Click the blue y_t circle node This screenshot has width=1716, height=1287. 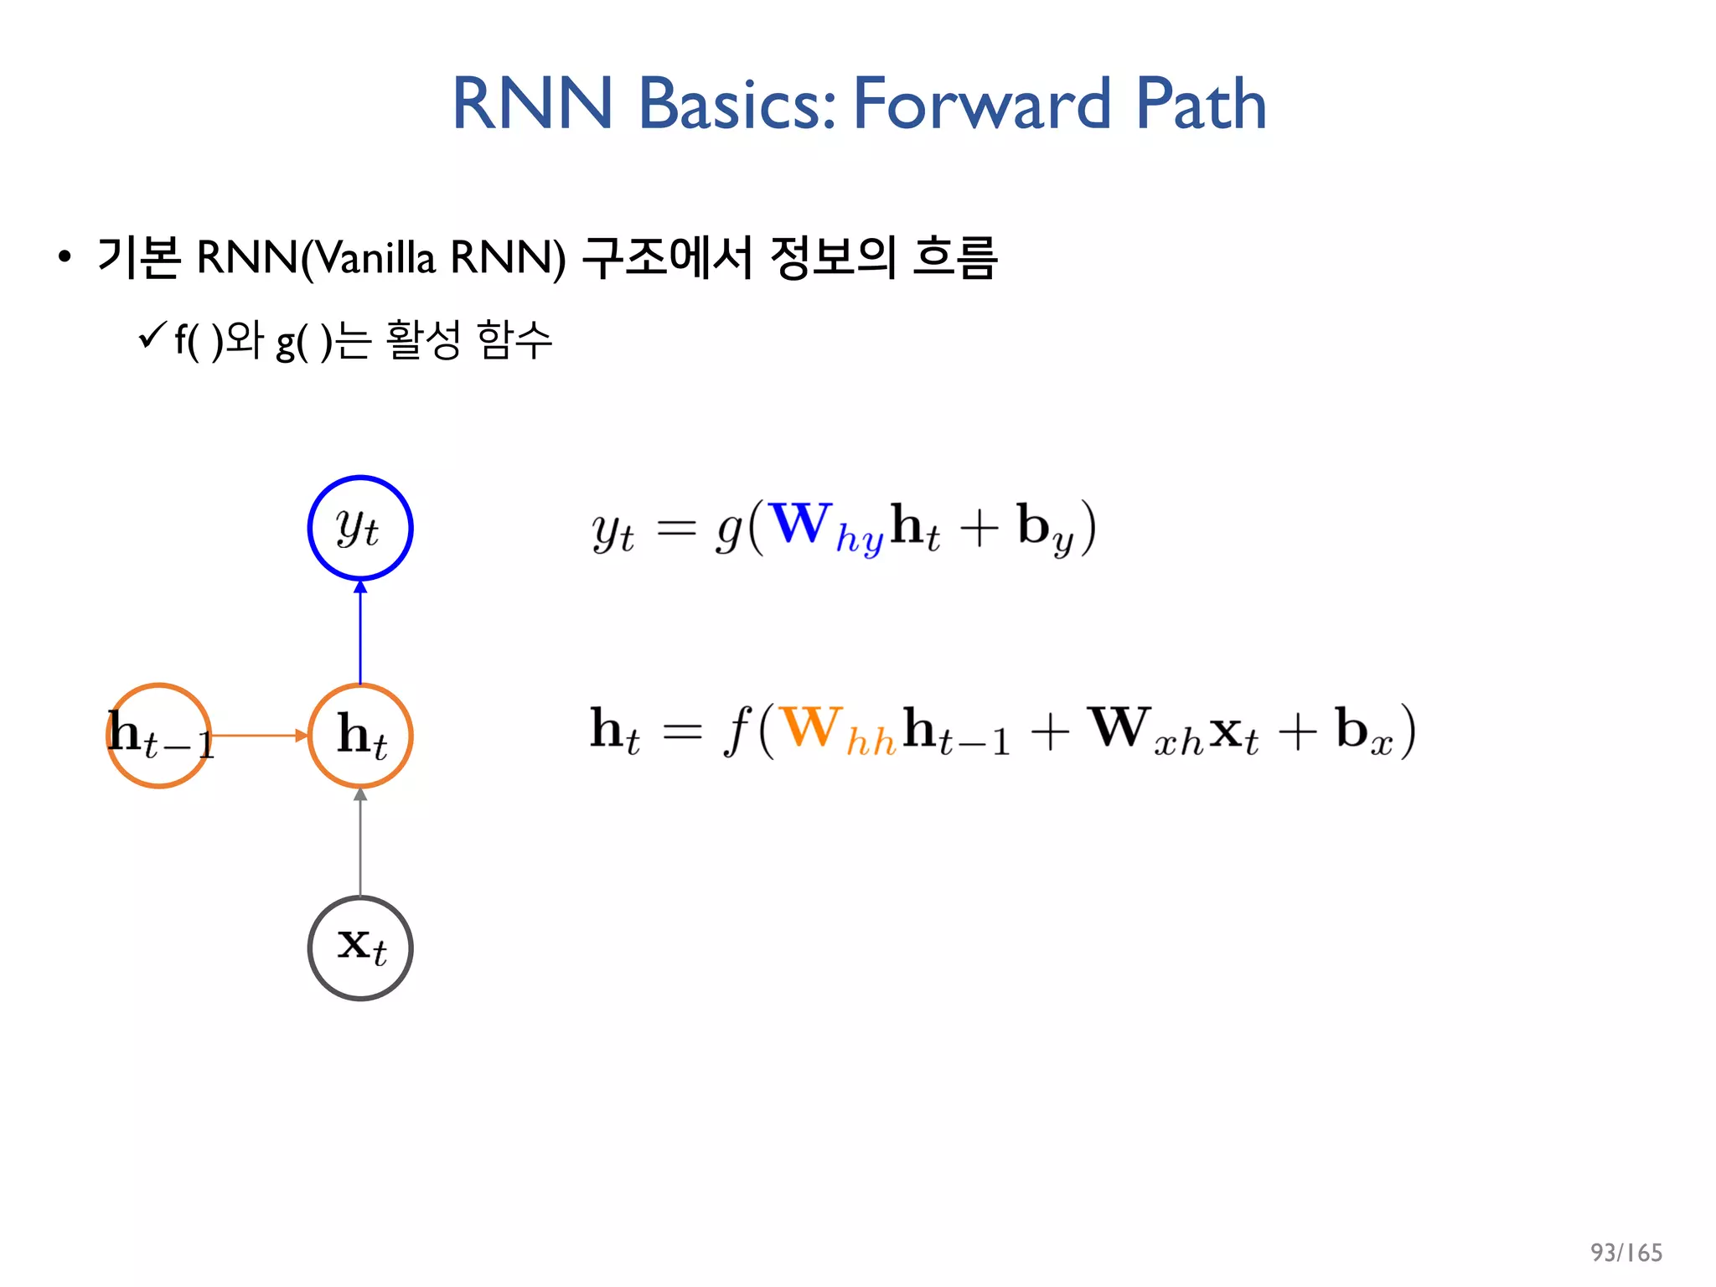click(x=360, y=528)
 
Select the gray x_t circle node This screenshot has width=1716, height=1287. click(x=360, y=948)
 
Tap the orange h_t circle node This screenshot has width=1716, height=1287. click(x=360, y=736)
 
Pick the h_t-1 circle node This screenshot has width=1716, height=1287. click(x=159, y=736)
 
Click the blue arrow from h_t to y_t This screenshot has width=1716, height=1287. click(x=360, y=633)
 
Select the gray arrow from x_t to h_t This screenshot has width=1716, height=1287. click(x=360, y=843)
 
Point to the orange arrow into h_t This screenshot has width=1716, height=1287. click(x=260, y=736)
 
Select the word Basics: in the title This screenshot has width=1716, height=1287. click(x=737, y=104)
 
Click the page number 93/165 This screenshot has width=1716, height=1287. click(x=1626, y=1252)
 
